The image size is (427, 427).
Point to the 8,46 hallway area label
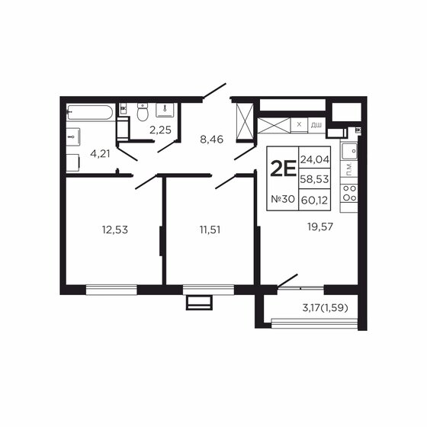click(x=212, y=140)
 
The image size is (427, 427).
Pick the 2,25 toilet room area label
click(x=160, y=130)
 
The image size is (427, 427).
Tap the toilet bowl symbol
click(x=142, y=113)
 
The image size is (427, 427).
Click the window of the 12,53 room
click(x=111, y=288)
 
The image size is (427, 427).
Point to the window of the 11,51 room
click(x=208, y=288)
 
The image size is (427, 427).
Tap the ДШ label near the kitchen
click(x=316, y=124)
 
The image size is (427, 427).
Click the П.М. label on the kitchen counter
click(x=348, y=172)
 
